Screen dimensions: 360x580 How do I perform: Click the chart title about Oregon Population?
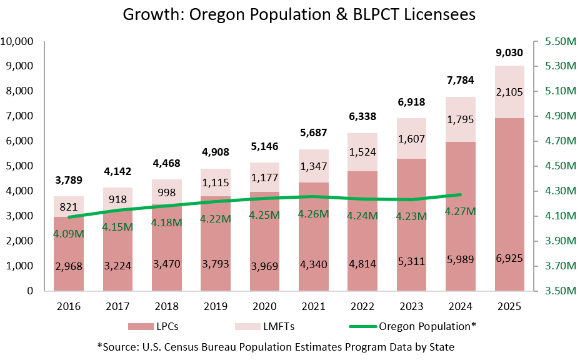pos(289,14)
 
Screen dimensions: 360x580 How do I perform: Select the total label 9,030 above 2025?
pos(510,52)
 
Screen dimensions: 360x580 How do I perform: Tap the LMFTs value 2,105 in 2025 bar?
pos(510,92)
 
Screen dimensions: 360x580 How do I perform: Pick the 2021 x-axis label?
pos(314,306)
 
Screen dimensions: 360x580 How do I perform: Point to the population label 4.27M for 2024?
pos(461,211)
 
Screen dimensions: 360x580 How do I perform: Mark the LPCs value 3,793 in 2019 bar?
pos(216,264)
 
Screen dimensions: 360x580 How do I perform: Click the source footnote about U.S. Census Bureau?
pos(276,346)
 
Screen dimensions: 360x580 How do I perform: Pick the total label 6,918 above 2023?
pos(412,101)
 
